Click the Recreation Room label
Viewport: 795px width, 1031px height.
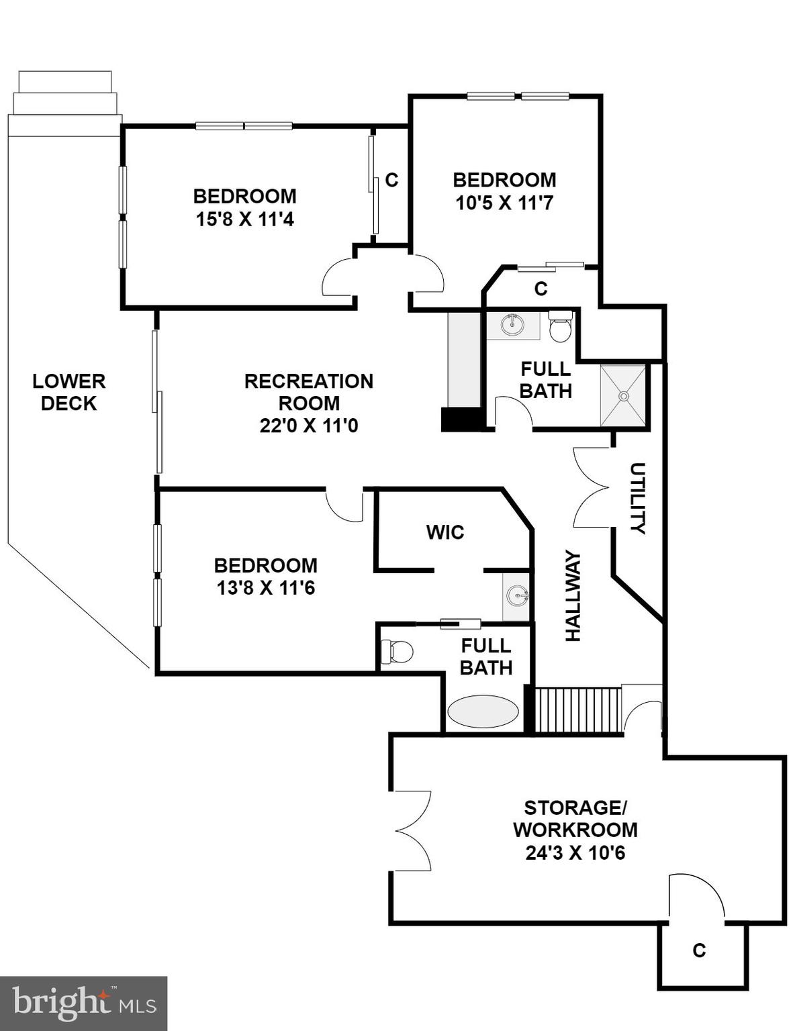(308, 392)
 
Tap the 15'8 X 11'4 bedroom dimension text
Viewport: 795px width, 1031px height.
(244, 219)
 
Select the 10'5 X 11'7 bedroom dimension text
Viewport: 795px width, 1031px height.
(504, 203)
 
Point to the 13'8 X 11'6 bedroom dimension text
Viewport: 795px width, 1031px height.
(265, 588)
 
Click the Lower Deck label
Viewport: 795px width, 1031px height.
(68, 392)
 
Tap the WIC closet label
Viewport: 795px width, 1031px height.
(445, 532)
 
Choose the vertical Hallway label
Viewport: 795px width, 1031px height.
(573, 596)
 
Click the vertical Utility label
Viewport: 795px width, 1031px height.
(638, 497)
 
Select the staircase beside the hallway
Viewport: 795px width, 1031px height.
(577, 709)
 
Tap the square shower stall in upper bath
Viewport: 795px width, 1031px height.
(623, 396)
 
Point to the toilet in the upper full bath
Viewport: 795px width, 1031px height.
(560, 327)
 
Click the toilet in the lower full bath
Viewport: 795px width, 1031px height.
(397, 651)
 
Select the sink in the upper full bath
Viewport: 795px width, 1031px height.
(513, 325)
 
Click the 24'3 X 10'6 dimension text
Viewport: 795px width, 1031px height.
(575, 853)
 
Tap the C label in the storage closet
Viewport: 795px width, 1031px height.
(699, 950)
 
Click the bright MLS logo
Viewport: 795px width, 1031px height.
(83, 1003)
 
